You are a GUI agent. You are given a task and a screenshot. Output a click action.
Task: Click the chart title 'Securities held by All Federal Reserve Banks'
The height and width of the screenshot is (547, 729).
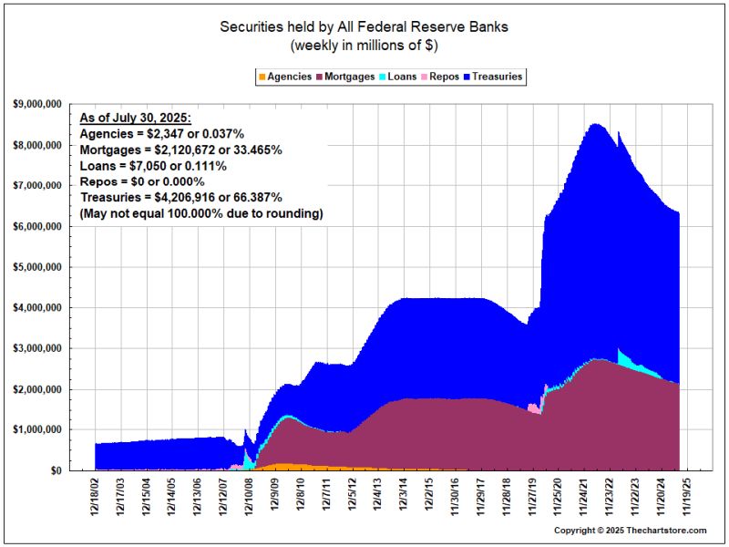pos(364,26)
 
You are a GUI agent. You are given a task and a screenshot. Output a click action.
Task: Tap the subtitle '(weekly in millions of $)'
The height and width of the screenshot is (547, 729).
pos(364,45)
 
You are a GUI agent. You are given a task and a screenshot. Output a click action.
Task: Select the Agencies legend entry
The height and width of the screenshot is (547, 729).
pos(285,77)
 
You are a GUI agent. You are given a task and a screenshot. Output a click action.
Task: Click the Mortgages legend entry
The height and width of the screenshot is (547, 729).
pos(345,77)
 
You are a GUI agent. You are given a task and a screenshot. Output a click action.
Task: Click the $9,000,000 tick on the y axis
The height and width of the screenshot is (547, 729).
pos(37,105)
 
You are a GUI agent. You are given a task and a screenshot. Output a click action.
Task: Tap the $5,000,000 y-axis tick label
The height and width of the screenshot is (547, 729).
pos(37,267)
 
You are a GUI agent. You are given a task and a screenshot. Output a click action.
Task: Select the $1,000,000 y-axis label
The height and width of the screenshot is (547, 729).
pos(37,429)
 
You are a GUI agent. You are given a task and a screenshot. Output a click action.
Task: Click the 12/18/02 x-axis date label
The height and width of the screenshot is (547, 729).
pos(96,496)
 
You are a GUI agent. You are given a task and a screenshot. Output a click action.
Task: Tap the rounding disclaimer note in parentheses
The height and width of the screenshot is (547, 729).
pos(201,213)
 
